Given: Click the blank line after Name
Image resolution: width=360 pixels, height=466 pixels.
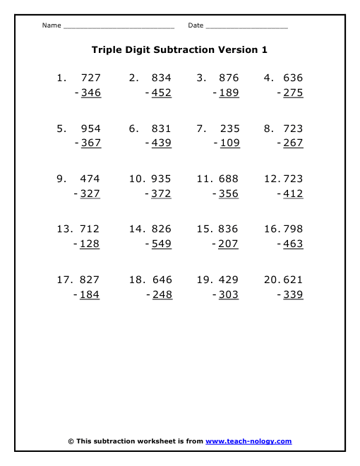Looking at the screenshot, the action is pyautogui.click(x=119, y=27).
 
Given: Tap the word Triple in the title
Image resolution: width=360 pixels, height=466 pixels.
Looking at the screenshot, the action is pyautogui.click(x=107, y=50).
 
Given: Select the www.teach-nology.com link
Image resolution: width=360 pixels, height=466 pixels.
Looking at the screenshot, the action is pyautogui.click(x=248, y=441).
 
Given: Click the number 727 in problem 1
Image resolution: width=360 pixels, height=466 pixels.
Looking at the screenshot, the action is pyautogui.click(x=91, y=78).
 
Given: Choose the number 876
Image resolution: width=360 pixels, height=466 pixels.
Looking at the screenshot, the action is pyautogui.click(x=229, y=78).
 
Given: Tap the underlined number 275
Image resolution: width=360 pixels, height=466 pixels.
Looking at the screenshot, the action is pyautogui.click(x=293, y=92).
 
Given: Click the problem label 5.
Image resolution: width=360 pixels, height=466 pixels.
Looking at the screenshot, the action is pyautogui.click(x=61, y=129).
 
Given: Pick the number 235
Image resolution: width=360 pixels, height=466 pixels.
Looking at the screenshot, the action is pyautogui.click(x=229, y=129).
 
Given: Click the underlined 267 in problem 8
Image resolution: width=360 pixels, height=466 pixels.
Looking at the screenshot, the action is pyautogui.click(x=293, y=143).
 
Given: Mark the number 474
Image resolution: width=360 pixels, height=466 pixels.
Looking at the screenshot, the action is pyautogui.click(x=90, y=179).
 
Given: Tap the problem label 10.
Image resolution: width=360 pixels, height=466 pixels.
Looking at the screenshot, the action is pyautogui.click(x=137, y=179).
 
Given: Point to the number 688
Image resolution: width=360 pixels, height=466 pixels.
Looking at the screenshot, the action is pyautogui.click(x=228, y=179).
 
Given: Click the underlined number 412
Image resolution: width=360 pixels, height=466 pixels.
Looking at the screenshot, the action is pyautogui.click(x=293, y=193).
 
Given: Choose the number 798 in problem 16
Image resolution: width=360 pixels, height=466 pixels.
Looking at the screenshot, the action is pyautogui.click(x=293, y=229).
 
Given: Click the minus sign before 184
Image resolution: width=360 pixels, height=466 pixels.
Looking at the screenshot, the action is pyautogui.click(x=76, y=295).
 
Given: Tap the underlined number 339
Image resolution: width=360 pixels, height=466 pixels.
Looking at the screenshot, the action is pyautogui.click(x=293, y=294).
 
